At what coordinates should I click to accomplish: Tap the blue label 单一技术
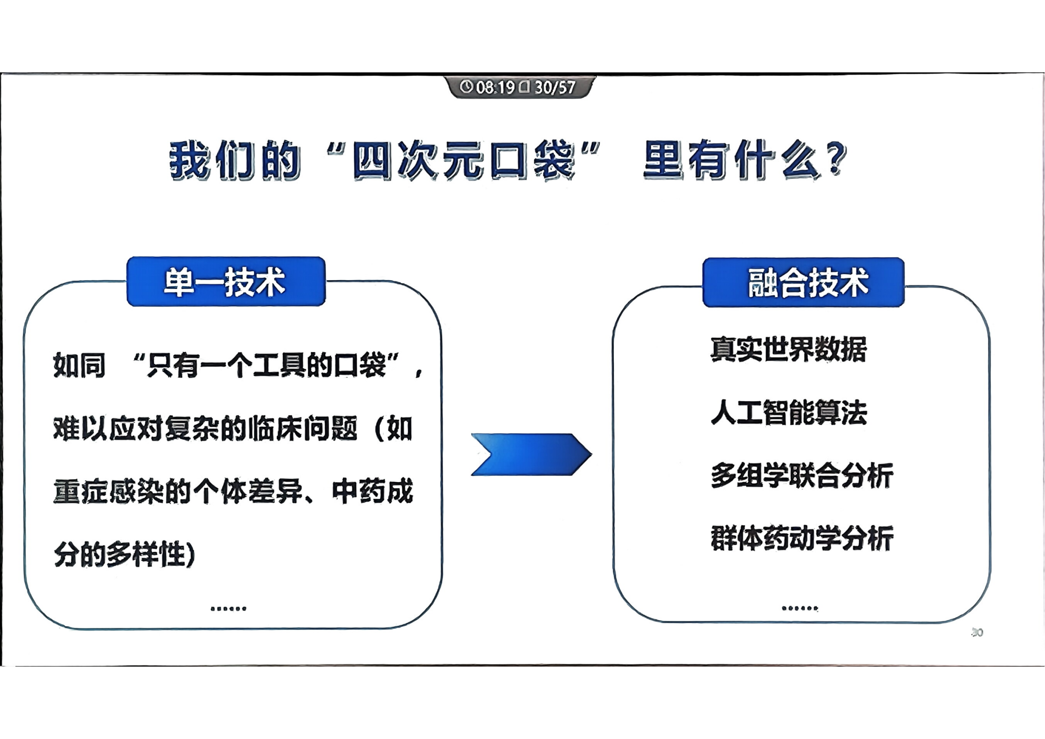click(x=226, y=281)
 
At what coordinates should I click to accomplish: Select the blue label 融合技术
click(x=803, y=282)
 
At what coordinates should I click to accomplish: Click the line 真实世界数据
click(x=788, y=349)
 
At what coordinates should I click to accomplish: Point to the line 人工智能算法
click(x=789, y=413)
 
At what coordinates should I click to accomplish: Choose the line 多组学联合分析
click(x=802, y=475)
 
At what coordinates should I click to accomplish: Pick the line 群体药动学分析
click(x=802, y=538)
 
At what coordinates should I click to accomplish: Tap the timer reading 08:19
click(x=495, y=87)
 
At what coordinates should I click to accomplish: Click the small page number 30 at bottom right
click(x=977, y=633)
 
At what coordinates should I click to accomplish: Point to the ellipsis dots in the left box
click(x=228, y=609)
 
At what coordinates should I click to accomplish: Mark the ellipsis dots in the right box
click(x=800, y=608)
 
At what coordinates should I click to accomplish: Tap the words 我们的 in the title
click(x=235, y=160)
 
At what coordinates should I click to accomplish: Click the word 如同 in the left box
click(x=79, y=365)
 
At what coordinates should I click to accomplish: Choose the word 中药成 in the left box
click(x=373, y=491)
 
